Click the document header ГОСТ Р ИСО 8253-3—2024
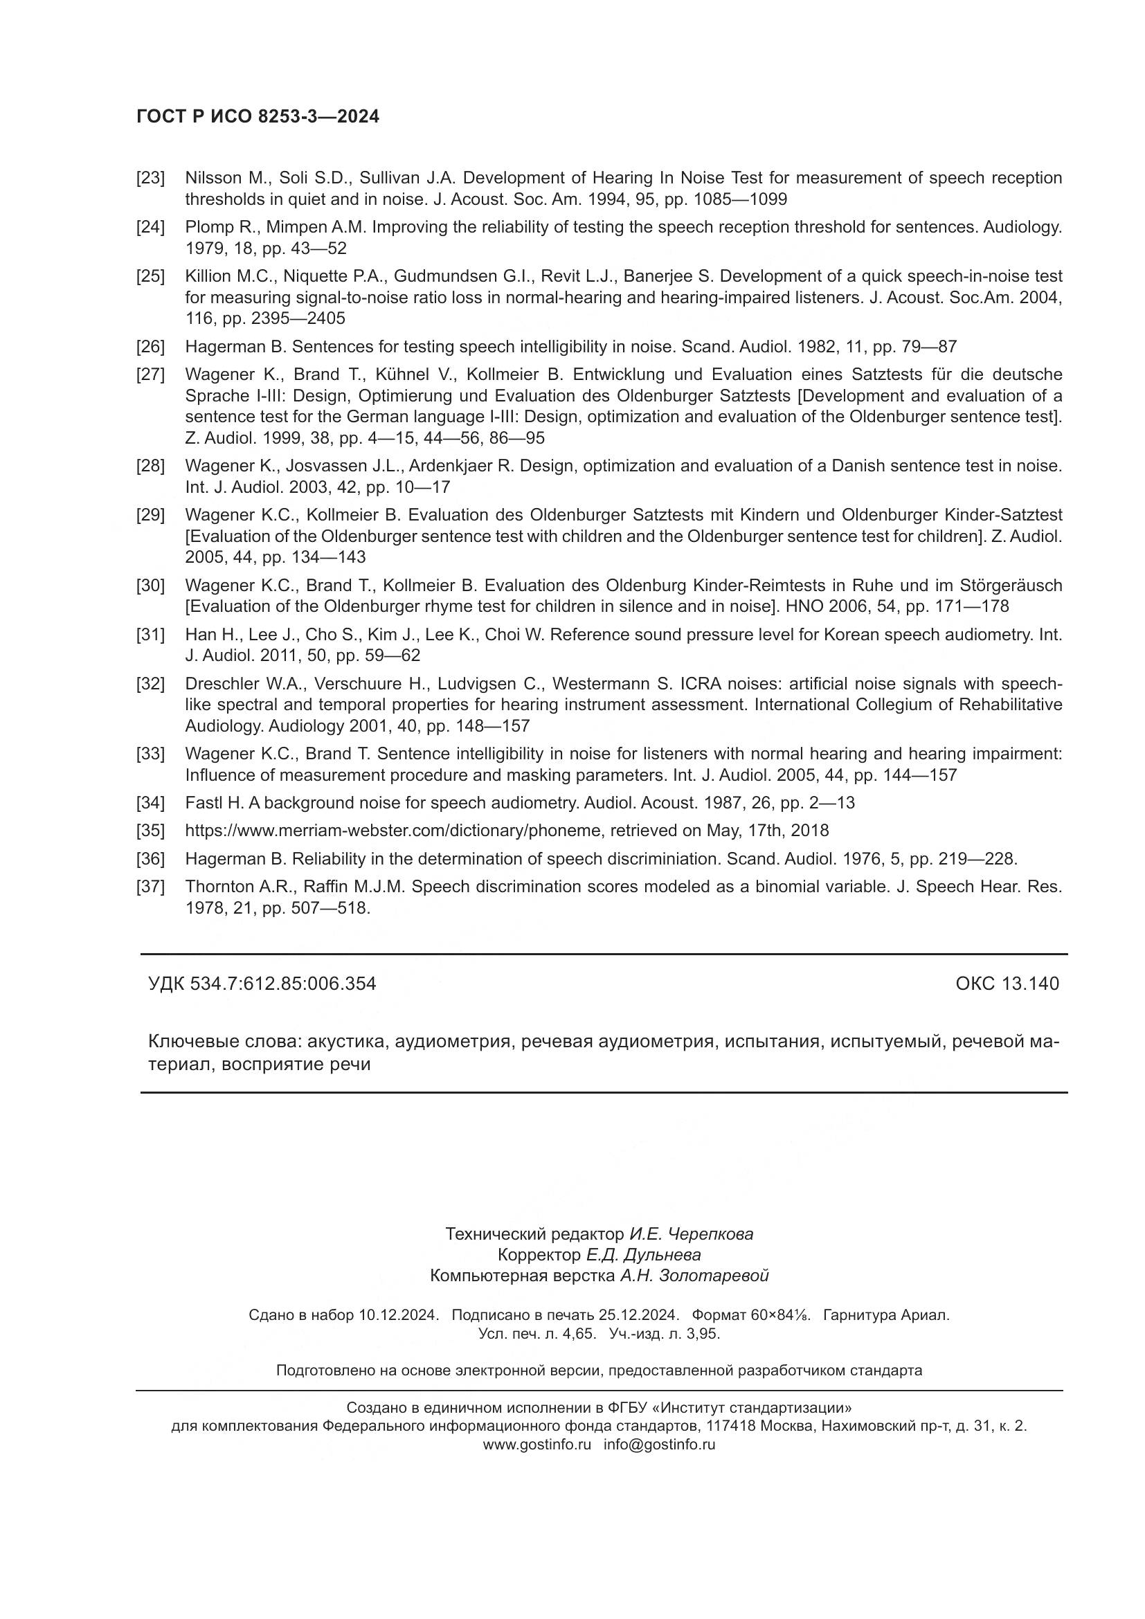click(258, 117)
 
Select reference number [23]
click(150, 178)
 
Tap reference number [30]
click(150, 586)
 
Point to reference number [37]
click(150, 887)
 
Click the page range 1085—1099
click(740, 199)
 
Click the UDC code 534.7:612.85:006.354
click(282, 984)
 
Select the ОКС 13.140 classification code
click(1007, 984)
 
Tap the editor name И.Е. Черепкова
click(691, 1234)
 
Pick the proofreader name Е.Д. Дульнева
click(643, 1255)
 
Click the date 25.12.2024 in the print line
click(638, 1315)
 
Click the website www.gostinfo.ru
click(537, 1444)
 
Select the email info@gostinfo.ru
click(659, 1444)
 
